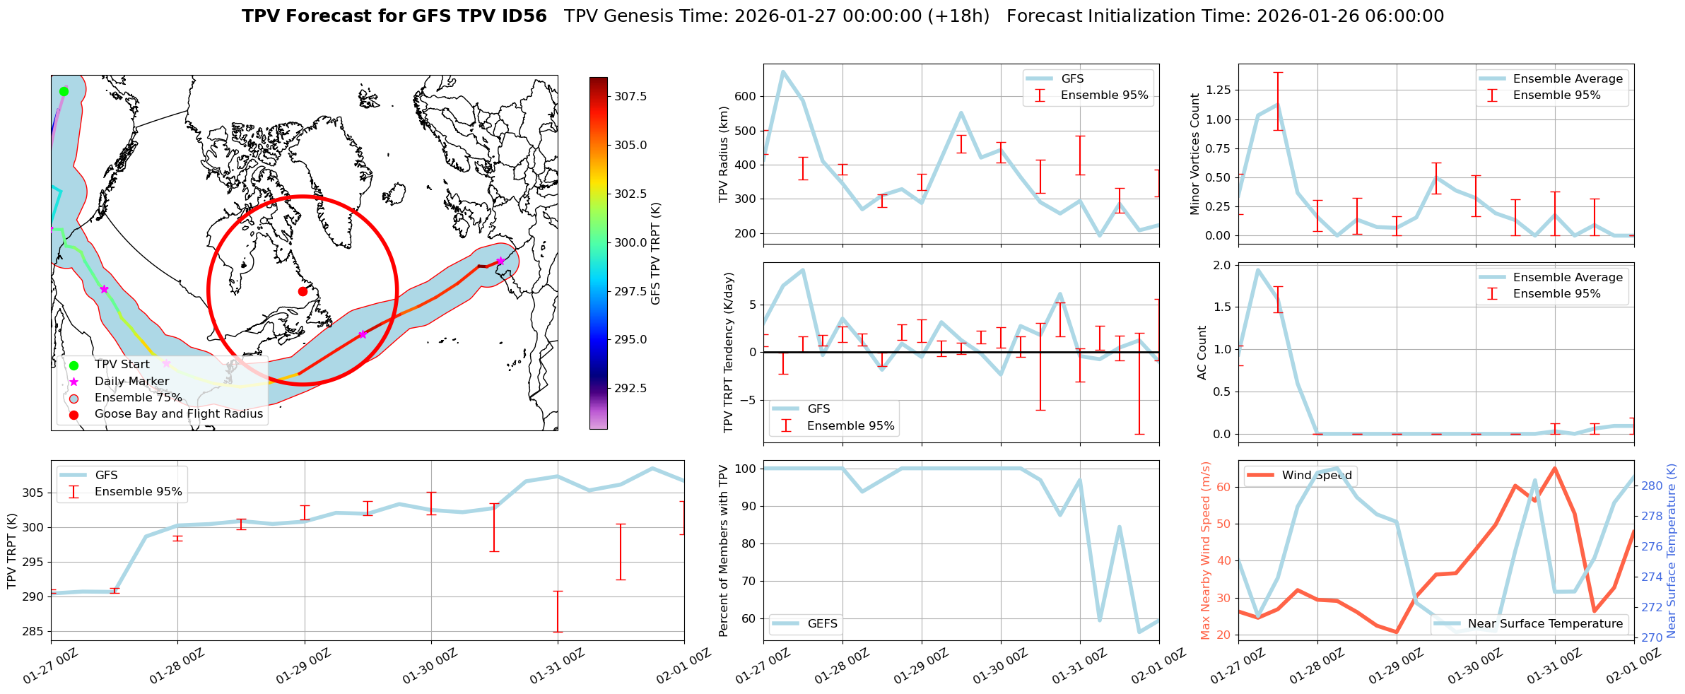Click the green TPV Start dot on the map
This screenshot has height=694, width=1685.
coord(64,91)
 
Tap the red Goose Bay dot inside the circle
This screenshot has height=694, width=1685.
coord(303,291)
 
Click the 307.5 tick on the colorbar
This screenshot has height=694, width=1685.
coord(630,96)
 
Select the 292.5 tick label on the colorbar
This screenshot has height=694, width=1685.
coord(630,388)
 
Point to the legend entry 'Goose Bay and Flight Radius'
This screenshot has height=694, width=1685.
coord(178,414)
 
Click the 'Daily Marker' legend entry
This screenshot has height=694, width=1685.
coord(131,381)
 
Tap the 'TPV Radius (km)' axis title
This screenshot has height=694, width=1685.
coord(723,154)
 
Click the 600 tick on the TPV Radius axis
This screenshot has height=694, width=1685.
coord(746,96)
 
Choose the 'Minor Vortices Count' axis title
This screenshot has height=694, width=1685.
coord(1195,154)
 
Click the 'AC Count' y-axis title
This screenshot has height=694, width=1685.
coord(1202,353)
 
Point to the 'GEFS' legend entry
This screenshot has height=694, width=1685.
coord(822,623)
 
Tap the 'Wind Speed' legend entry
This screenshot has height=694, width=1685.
coord(1316,476)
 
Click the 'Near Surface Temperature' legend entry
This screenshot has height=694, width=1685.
coord(1545,623)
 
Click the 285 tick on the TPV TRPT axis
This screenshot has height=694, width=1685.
coord(34,631)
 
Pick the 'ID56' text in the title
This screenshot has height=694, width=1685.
coord(524,16)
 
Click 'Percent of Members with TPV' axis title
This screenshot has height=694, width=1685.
coord(723,551)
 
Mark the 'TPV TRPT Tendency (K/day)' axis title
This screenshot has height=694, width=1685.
coord(729,353)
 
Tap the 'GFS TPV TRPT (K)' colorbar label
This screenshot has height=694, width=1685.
coord(656,253)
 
